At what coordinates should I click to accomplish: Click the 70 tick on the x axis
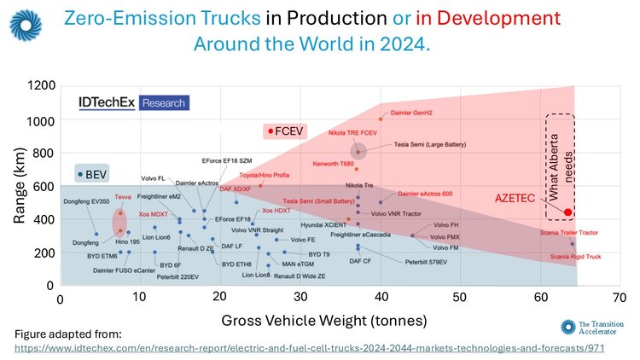[x=620, y=299]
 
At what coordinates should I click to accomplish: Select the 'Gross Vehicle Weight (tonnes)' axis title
[x=322, y=321]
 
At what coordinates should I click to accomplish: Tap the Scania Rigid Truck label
[x=574, y=256]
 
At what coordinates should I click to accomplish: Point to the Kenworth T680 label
[x=333, y=161]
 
